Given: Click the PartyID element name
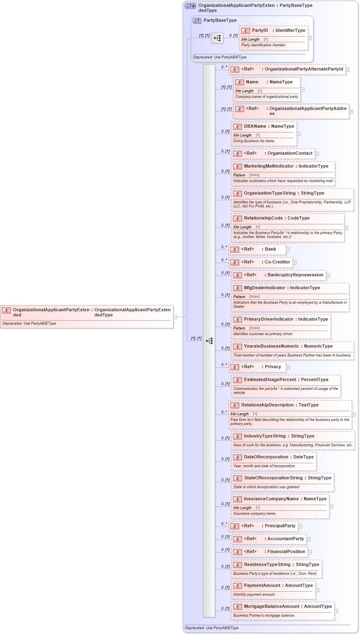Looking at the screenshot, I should point(260,31).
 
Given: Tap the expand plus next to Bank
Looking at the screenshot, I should point(288,250).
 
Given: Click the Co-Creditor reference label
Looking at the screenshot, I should point(277,262).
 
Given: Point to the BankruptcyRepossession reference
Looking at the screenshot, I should point(295,275).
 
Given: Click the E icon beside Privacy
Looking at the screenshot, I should point(235,367).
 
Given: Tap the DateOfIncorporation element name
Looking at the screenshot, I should point(266,457).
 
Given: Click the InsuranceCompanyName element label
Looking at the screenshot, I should point(271,499).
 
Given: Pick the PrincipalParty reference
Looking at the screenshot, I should point(280,526).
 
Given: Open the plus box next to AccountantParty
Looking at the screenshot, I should point(308,539).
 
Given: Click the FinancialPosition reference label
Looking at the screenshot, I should point(286,552).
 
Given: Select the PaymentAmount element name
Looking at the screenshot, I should point(262,586).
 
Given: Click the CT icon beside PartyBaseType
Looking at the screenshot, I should point(197,21).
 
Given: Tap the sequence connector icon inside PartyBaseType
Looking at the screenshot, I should point(217,38).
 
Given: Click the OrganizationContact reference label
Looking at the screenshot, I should point(290,153).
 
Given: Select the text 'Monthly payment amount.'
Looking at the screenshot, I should point(254,595).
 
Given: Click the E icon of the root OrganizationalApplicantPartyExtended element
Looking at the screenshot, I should point(6,311).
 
